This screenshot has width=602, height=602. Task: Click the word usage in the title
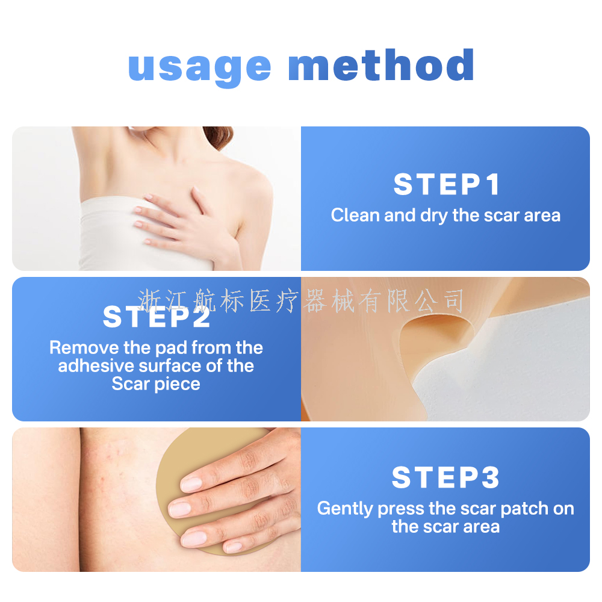pos(199,67)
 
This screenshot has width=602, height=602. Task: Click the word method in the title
pos(381,64)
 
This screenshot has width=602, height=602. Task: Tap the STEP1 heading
pos(447,184)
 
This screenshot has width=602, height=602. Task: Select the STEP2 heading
pos(157,317)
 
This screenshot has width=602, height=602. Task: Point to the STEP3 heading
pos(445,477)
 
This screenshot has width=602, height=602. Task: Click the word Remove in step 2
pos(84,348)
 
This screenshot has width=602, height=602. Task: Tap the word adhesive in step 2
pos(96,366)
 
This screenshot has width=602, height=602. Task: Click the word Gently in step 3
pos(345,509)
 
